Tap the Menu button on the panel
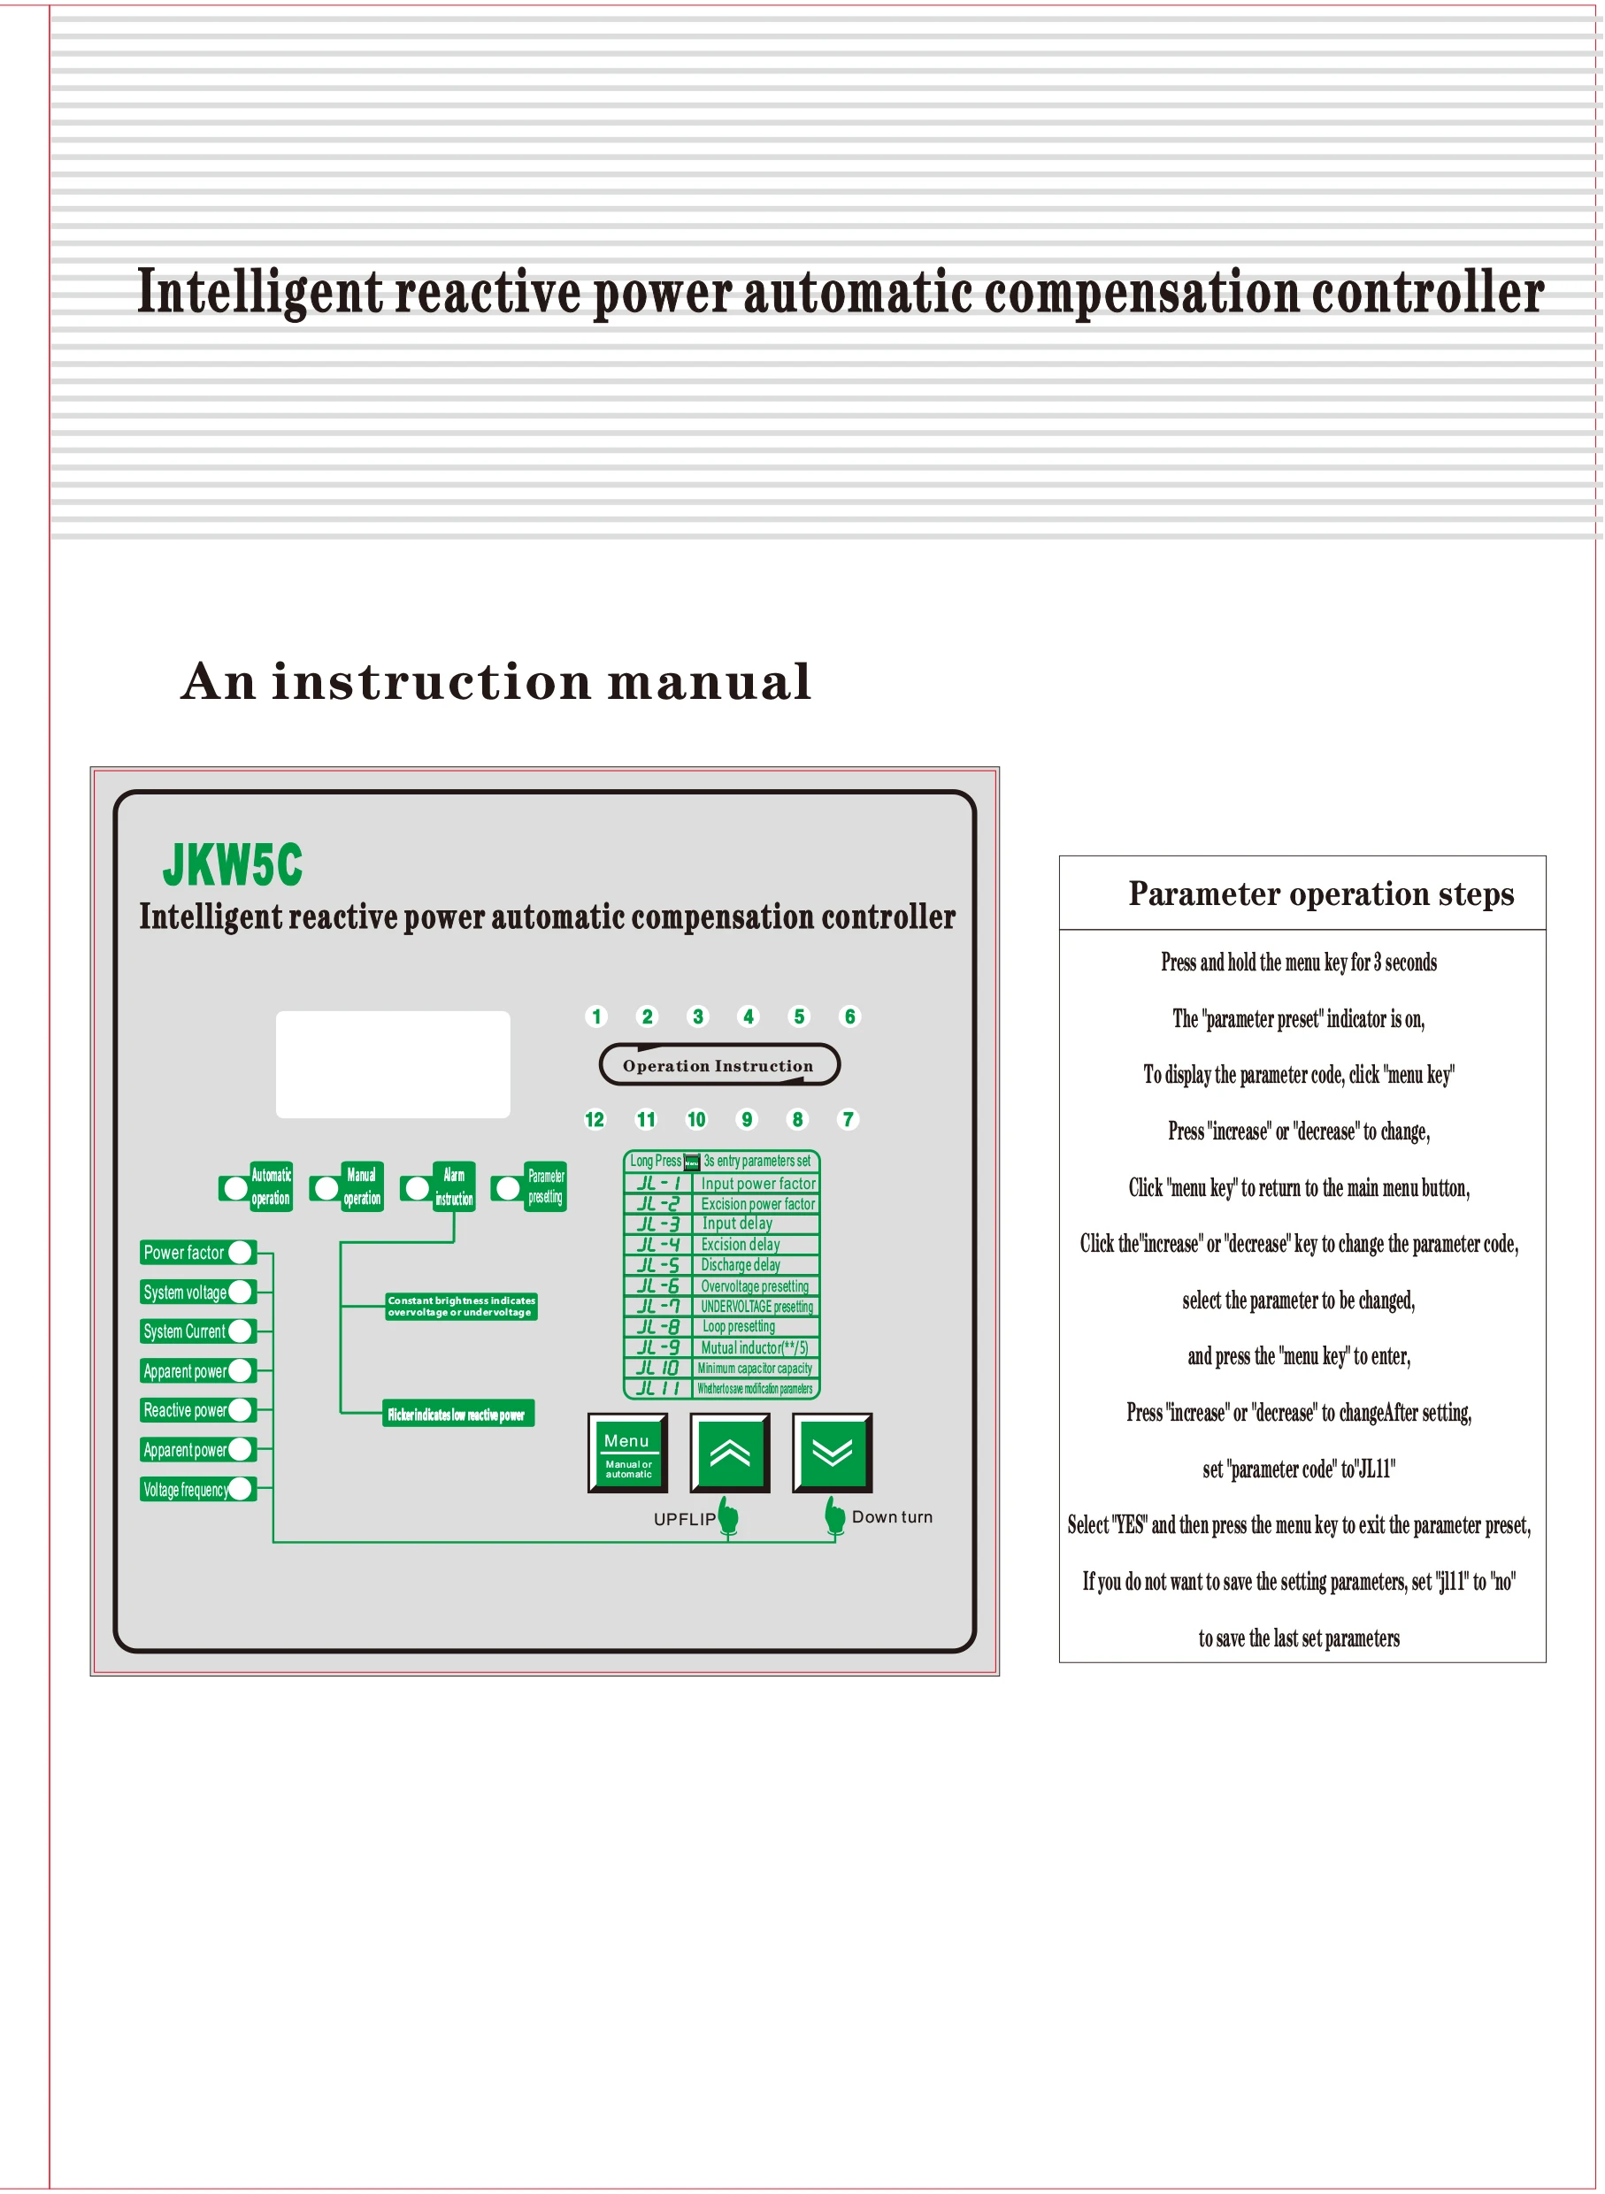[627, 1452]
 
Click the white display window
[393, 1063]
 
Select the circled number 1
[596, 1016]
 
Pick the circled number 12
[595, 1119]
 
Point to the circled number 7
[848, 1119]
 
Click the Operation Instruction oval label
[719, 1064]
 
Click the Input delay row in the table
[721, 1224]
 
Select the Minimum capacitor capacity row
[721, 1368]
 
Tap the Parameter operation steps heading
[1320, 894]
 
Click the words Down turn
[892, 1517]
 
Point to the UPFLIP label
[684, 1519]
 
